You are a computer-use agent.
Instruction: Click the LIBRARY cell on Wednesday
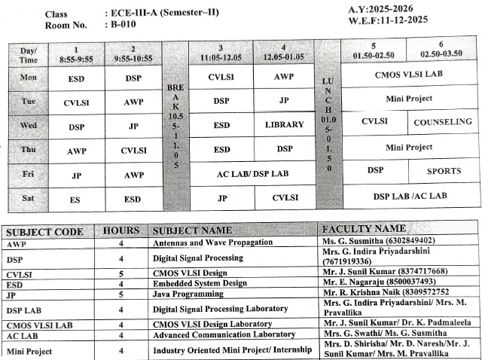[285, 124]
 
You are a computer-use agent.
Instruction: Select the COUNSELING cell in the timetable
[444, 121]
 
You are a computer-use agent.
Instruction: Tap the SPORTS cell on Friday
[444, 171]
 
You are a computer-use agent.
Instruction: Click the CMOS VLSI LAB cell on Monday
[410, 75]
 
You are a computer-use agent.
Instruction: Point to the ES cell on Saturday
[75, 200]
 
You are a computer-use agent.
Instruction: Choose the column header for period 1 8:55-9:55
[76, 52]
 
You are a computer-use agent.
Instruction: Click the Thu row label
[29, 150]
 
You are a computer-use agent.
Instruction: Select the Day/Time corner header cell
[29, 54]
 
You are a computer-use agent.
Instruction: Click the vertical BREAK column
[175, 124]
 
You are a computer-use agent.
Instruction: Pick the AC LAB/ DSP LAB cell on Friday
[252, 174]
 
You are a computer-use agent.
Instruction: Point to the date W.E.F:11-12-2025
[388, 20]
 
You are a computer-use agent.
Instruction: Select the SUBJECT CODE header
[44, 231]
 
